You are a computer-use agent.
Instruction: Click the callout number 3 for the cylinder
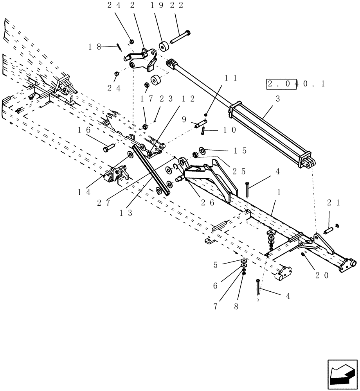pyautogui.click(x=278, y=99)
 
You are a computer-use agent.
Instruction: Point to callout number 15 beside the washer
pyautogui.click(x=240, y=151)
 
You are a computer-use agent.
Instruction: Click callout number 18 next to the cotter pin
pyautogui.click(x=95, y=47)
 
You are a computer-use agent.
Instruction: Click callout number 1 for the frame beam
pyautogui.click(x=279, y=193)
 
